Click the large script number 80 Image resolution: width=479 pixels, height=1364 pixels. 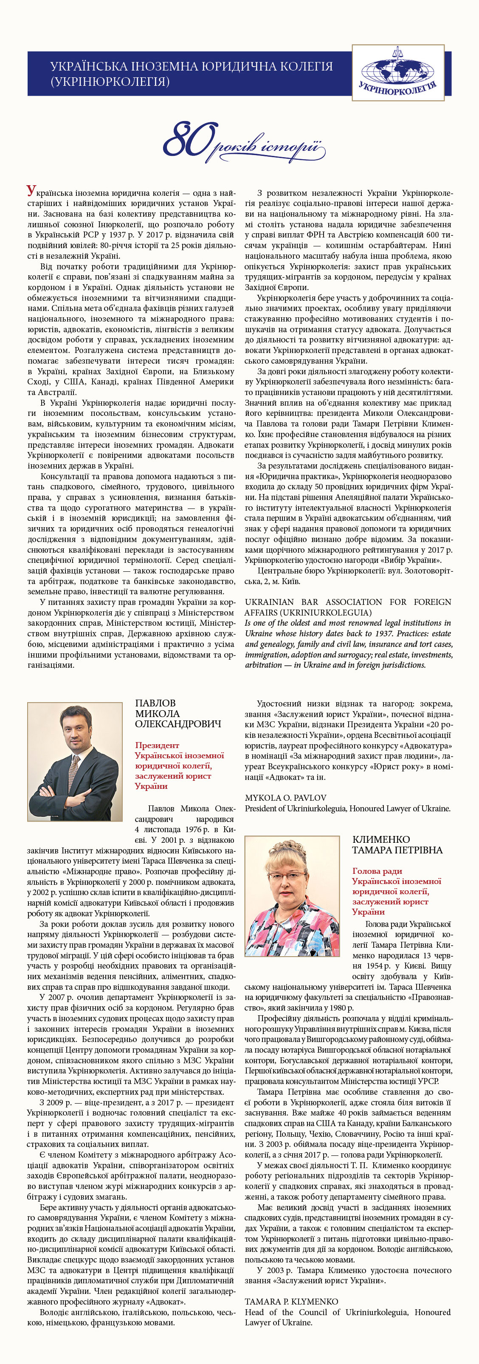click(189, 139)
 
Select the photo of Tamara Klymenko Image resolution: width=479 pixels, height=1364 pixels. click(292, 896)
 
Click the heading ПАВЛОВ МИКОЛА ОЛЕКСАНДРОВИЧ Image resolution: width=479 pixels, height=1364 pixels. click(178, 713)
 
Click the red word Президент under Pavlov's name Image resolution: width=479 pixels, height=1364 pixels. click(157, 745)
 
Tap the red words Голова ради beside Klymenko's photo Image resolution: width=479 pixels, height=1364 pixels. click(377, 871)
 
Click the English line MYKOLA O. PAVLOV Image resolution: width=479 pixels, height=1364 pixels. click(285, 797)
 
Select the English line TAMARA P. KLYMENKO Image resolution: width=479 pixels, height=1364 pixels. click(291, 1301)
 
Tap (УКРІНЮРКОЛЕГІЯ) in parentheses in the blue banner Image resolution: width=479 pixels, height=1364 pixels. click(110, 82)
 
